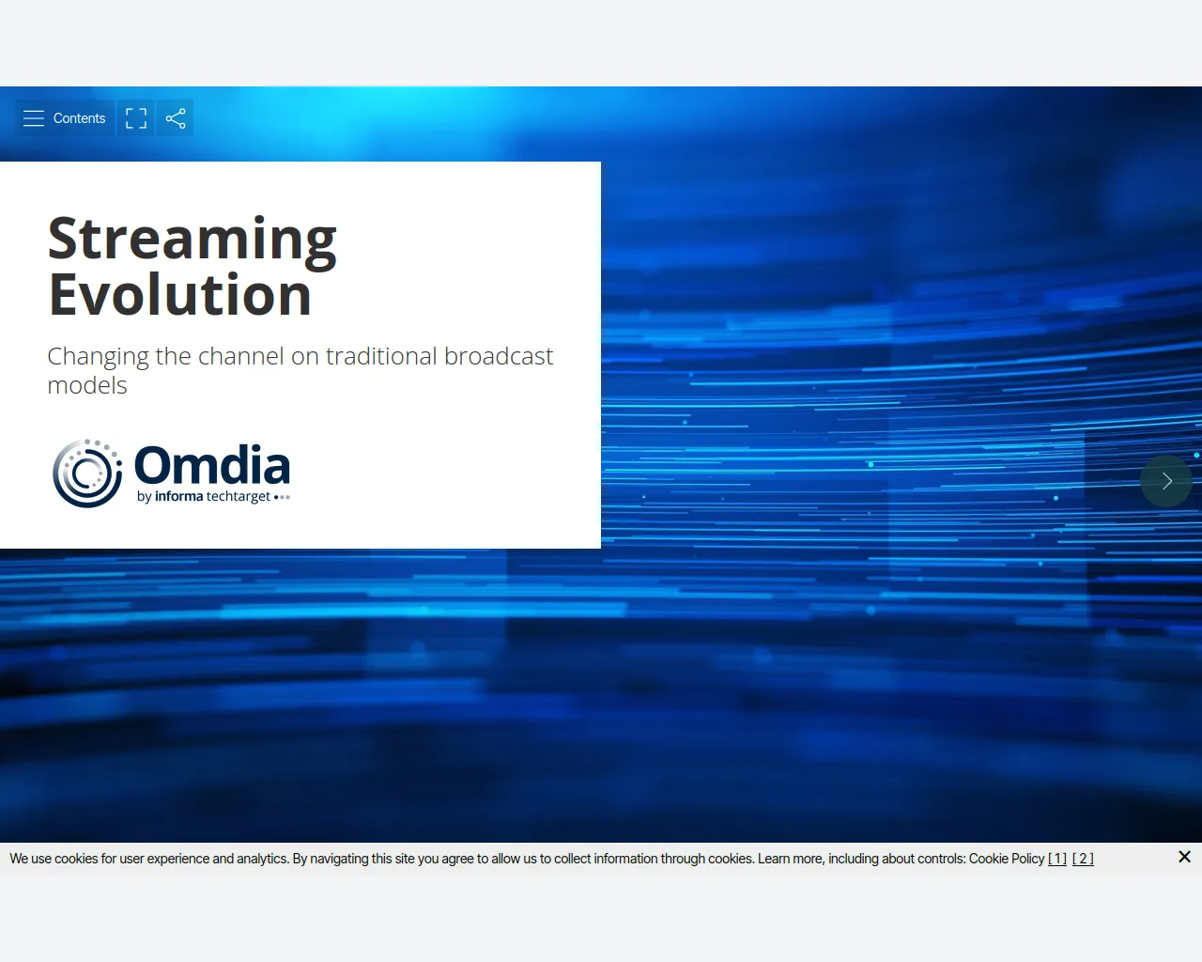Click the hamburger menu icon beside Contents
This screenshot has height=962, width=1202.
coord(34,118)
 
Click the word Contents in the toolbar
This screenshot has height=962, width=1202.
coord(79,118)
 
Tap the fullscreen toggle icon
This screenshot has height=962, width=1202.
coord(136,118)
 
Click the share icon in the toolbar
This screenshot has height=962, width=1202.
coord(176,118)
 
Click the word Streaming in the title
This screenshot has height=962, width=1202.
coord(193,240)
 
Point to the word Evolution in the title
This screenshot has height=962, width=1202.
coord(179,294)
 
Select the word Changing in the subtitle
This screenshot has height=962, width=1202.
coord(99,357)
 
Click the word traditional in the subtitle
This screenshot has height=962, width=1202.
coord(381,356)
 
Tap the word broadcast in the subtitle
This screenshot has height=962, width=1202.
coord(499,356)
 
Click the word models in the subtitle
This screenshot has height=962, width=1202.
coord(87,385)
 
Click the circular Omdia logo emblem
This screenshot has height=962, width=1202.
coord(87,473)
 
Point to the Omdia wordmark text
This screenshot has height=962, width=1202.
coord(212,465)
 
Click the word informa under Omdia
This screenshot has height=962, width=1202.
coord(178,496)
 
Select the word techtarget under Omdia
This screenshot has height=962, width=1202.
coord(239,496)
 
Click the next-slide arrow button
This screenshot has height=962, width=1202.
coord(1166,481)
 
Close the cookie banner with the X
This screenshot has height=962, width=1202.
coord(1184,857)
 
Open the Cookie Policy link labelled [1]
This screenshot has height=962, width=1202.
coord(1057,859)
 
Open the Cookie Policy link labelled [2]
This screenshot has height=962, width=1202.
coord(1083,859)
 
